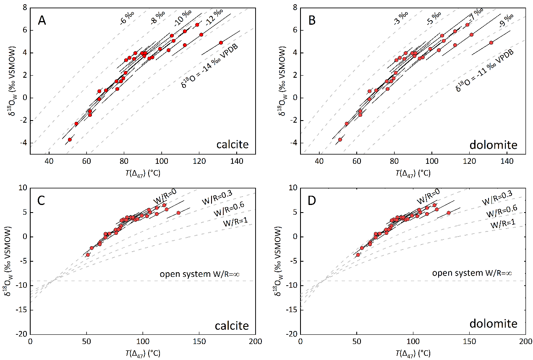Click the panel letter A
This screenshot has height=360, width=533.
point(42,20)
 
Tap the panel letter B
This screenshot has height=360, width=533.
point(312,20)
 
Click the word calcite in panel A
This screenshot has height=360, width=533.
point(232,145)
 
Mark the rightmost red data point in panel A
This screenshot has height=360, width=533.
point(221,42)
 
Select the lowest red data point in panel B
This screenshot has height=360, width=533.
point(340,139)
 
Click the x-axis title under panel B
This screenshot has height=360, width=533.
point(413,173)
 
